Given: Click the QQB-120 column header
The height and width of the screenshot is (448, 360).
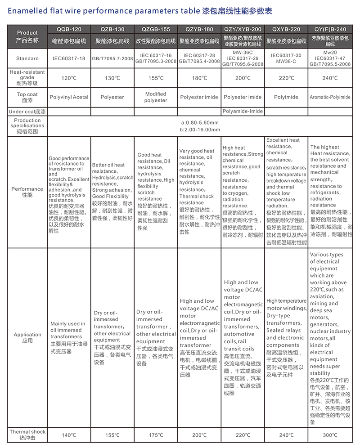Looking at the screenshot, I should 69,30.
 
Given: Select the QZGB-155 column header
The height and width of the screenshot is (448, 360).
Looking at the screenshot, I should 156,30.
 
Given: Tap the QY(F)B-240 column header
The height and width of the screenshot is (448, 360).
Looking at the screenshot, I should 330,30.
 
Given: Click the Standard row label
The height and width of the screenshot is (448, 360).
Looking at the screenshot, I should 27,58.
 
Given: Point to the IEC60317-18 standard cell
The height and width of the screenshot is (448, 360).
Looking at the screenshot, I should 69,58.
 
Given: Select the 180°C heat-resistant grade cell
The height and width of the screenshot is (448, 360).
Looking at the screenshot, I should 199,78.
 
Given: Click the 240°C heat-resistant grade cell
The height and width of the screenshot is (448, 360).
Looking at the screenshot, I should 330,78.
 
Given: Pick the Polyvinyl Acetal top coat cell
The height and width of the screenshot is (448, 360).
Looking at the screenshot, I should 69,97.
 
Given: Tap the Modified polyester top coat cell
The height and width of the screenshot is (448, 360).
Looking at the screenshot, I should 156,97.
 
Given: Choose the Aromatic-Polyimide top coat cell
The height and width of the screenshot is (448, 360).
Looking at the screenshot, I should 330,97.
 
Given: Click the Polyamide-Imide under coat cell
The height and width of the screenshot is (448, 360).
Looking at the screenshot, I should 243,111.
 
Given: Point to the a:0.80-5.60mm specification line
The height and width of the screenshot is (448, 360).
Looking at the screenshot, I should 199,123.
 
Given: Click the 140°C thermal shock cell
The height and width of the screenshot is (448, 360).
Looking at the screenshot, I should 69,435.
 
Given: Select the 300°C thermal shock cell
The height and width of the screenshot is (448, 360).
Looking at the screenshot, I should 330,435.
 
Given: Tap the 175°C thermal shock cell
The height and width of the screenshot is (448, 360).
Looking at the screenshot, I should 156,435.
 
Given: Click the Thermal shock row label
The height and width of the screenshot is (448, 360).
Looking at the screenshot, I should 27,435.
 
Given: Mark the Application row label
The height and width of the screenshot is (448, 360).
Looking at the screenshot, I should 27,337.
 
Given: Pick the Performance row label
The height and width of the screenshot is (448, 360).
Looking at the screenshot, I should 27,192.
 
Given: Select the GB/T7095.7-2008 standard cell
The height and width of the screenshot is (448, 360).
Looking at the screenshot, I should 112,58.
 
